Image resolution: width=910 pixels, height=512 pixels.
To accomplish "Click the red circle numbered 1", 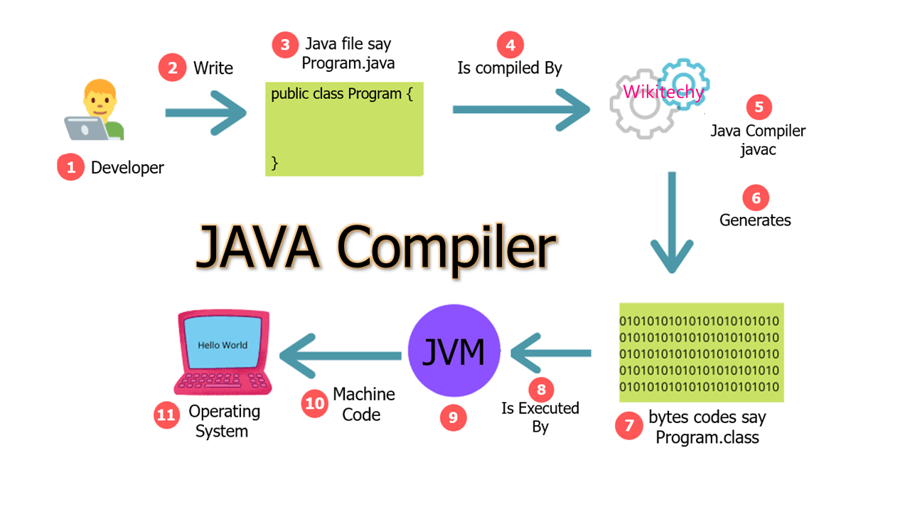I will point(70,168).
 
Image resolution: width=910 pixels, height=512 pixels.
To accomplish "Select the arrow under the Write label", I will point(205,112).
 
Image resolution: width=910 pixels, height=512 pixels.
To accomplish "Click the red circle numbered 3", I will point(285,45).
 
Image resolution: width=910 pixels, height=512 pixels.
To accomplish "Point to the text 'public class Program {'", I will point(342,94).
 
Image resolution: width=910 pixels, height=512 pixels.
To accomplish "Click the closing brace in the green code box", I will point(275,164).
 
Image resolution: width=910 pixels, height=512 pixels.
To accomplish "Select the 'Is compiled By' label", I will point(509,68).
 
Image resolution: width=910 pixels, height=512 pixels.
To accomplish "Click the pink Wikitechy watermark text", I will point(663,92).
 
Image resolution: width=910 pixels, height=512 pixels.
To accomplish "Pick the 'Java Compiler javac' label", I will point(758,139).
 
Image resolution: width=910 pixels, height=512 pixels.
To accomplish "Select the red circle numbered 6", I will point(756,198).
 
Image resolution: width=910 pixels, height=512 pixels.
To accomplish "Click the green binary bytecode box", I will point(701,353).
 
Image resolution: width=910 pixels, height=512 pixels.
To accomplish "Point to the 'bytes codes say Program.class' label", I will point(707,427).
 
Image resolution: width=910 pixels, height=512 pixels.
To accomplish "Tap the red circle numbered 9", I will point(453,417).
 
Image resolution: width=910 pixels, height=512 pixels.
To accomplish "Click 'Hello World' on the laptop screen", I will point(223,345).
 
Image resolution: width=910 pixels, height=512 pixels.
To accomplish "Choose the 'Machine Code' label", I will point(363,404).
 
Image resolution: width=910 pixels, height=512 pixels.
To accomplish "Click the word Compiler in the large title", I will point(446,248).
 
